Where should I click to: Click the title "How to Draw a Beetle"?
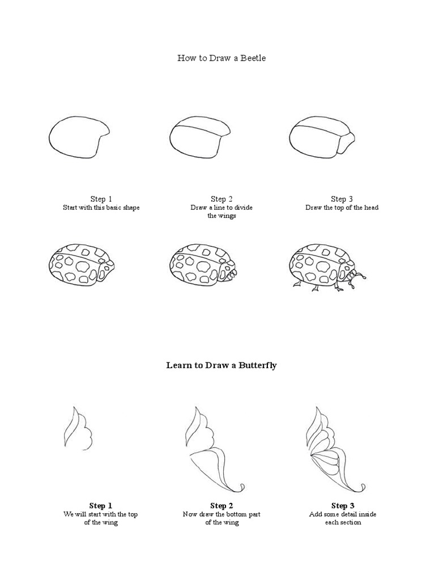(x=221, y=58)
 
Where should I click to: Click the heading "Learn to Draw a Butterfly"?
(x=221, y=365)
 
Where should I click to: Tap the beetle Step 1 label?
(x=101, y=199)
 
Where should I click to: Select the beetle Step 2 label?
(x=221, y=199)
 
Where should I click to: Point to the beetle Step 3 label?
(x=342, y=199)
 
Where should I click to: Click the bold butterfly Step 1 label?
(x=101, y=505)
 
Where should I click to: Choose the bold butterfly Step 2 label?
(x=221, y=505)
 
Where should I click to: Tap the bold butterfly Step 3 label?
(x=343, y=505)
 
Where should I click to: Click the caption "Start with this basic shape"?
(x=101, y=207)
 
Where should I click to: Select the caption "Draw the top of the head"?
(x=342, y=207)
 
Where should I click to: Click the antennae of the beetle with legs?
(x=358, y=275)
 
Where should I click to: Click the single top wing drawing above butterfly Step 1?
(x=78, y=429)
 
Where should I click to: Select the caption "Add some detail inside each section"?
(x=343, y=518)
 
